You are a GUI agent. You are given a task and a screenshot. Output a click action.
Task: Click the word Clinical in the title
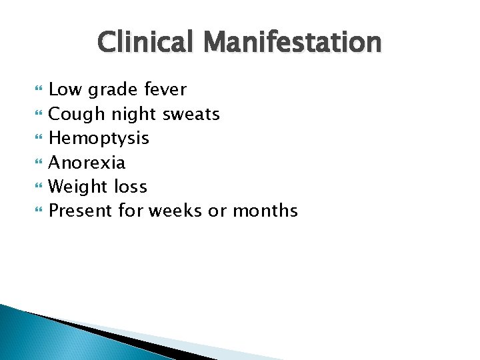pyautogui.click(x=147, y=43)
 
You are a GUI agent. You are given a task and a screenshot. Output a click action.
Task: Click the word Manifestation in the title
pyautogui.click(x=293, y=43)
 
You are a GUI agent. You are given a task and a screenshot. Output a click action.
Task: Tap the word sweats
pyautogui.click(x=191, y=115)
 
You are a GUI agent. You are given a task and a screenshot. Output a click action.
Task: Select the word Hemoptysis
pyautogui.click(x=99, y=139)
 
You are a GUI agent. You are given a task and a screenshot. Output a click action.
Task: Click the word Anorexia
pyautogui.click(x=87, y=163)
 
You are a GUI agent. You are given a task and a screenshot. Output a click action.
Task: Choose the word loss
pyautogui.click(x=131, y=187)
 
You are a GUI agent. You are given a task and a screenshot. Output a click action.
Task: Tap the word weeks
pyautogui.click(x=175, y=211)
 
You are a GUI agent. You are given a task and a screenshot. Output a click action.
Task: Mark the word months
pyautogui.click(x=265, y=211)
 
